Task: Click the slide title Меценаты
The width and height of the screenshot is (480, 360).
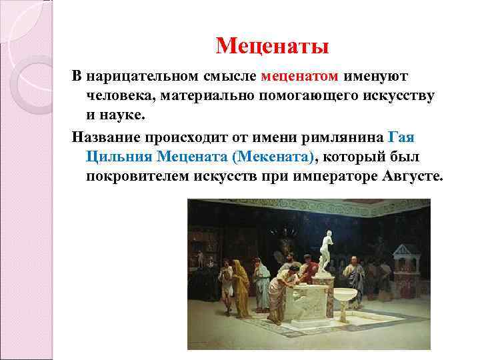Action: click(273, 47)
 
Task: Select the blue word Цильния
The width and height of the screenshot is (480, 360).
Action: click(118, 157)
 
